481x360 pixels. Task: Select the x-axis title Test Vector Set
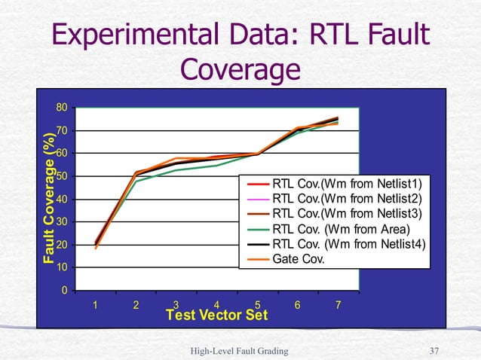coord(216,316)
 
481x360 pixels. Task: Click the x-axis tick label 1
coord(96,305)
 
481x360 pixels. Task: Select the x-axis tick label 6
coord(298,305)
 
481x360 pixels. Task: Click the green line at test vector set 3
coord(176,170)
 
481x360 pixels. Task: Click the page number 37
coord(434,350)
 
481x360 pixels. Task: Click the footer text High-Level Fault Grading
coord(240,350)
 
